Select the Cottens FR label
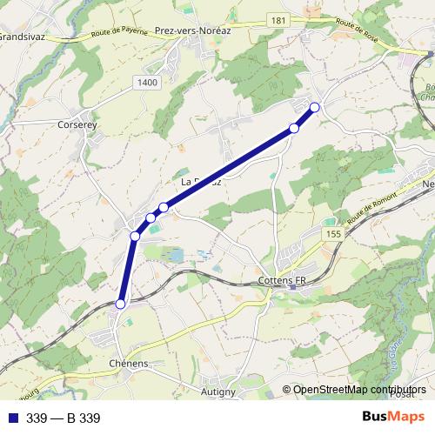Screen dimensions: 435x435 point(284,282)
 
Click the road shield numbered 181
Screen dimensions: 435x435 point(278,20)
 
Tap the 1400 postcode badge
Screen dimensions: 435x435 point(148,82)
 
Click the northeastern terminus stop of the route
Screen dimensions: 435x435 point(315,107)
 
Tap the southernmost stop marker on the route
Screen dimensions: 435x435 point(121,304)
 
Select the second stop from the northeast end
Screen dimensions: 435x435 point(294,129)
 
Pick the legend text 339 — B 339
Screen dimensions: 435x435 point(64,418)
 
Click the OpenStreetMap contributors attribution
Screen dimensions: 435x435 point(359,390)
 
